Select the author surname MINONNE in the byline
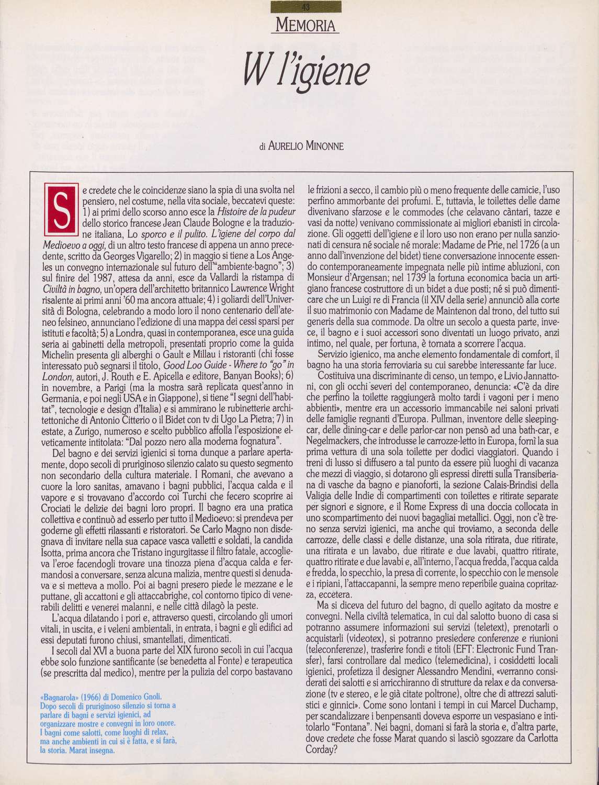click(x=322, y=147)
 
